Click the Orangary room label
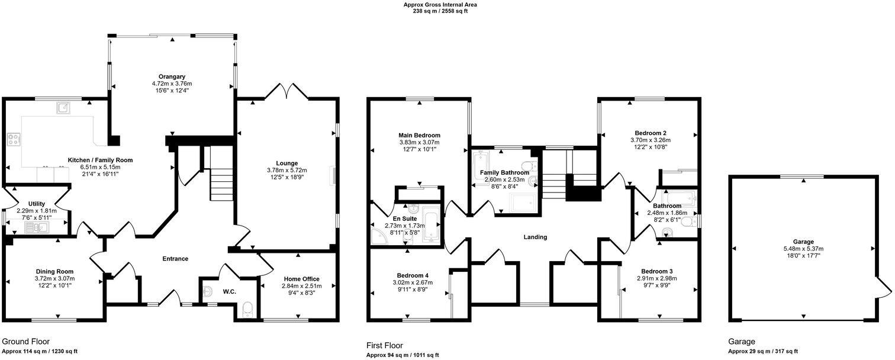pos(172,76)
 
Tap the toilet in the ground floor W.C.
pos(247,308)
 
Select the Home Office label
pos(301,279)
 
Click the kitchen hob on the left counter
pos(13,140)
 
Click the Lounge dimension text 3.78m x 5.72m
pos(286,171)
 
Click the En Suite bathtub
pos(432,225)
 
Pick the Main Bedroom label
pos(419,135)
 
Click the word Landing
pos(535,237)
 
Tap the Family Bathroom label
pos(504,172)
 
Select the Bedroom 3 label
pos(656,271)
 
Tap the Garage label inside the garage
pos(803,242)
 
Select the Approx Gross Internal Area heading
pos(440,5)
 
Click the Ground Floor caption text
pos(25,342)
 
